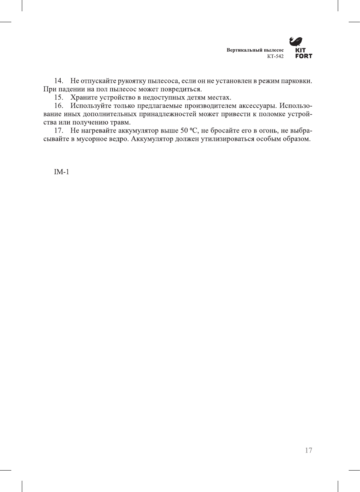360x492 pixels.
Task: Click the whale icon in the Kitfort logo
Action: tap(296, 41)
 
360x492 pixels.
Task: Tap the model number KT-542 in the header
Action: tap(275, 56)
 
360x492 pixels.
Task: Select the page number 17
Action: tap(308, 450)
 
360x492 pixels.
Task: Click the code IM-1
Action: tap(61, 172)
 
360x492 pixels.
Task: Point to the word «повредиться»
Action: tap(182, 89)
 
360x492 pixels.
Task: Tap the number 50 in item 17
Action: tap(184, 131)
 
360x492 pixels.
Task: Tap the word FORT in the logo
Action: tap(304, 56)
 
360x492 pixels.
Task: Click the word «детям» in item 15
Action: tap(196, 97)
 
